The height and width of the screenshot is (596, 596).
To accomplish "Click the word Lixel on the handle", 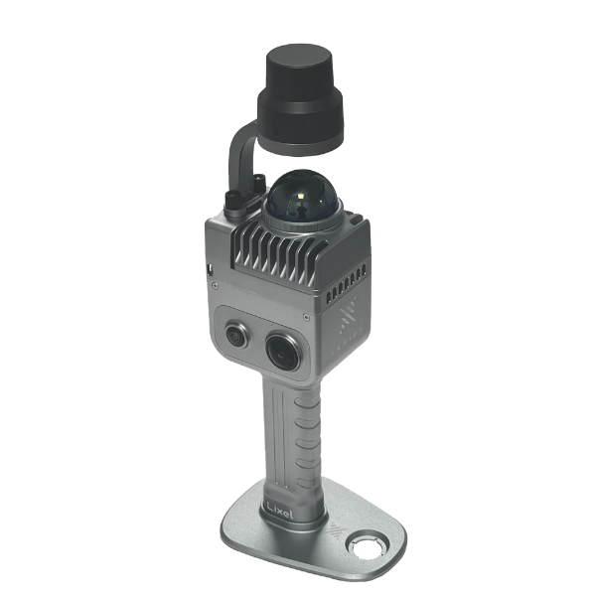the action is coord(280,512).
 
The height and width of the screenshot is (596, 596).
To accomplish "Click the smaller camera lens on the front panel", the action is coord(237,335).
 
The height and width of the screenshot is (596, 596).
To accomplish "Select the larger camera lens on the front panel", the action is coord(282,352).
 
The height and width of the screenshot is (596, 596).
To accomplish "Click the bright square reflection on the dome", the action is coord(301,197).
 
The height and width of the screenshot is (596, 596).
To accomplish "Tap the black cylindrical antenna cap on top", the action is coord(301,99).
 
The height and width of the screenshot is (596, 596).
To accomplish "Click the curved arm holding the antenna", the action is coord(239,152).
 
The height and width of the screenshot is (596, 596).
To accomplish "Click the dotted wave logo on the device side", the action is coord(349,315).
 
